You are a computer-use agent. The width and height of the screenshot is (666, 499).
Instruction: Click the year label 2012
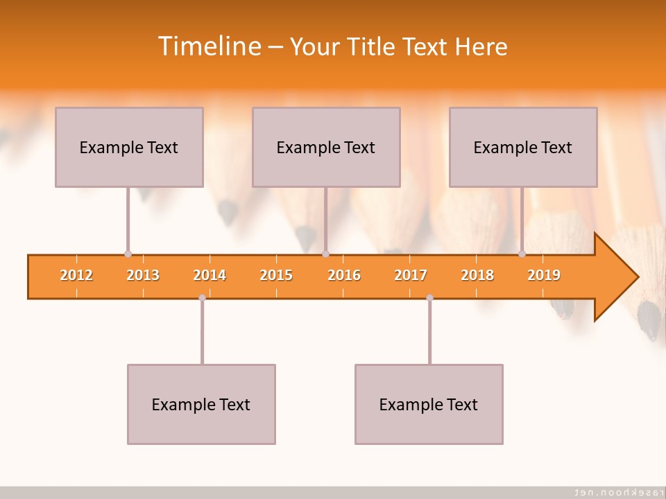click(76, 275)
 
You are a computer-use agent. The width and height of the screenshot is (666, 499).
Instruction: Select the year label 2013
click(143, 275)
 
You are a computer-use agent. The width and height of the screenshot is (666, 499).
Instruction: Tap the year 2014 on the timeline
click(210, 275)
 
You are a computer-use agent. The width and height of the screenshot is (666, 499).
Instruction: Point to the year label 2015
click(276, 275)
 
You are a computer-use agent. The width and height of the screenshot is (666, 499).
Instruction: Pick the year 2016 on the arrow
click(344, 275)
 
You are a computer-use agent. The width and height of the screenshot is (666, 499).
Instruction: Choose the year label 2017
click(411, 275)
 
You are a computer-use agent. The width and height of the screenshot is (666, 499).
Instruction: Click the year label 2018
click(477, 275)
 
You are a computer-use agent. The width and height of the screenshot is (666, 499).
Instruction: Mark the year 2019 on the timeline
click(544, 275)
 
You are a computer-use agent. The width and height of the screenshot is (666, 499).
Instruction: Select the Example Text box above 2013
click(129, 147)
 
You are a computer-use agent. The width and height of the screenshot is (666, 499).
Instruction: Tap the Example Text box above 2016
click(326, 147)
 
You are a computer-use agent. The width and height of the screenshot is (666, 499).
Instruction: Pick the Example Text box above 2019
click(523, 147)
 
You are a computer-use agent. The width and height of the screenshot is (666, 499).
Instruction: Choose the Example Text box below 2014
click(201, 404)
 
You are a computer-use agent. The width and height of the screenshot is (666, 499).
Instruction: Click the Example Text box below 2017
click(429, 404)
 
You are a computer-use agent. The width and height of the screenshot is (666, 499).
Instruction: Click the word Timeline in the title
click(208, 46)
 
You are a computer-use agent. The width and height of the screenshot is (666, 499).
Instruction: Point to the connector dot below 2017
click(429, 298)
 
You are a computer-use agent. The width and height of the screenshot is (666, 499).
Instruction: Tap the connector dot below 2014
click(202, 298)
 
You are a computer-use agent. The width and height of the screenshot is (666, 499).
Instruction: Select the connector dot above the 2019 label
click(522, 254)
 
